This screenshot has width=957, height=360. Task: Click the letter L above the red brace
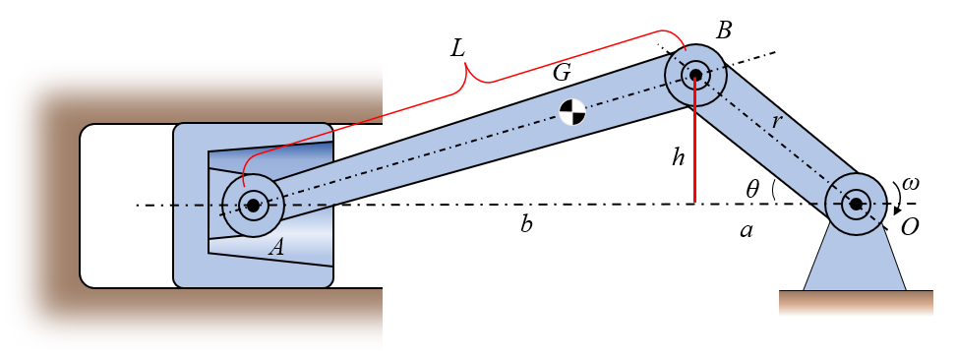click(x=457, y=48)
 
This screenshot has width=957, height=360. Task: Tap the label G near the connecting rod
click(x=562, y=73)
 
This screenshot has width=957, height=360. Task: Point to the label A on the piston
click(x=277, y=247)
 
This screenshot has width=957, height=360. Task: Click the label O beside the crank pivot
click(x=910, y=227)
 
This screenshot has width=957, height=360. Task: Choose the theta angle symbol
click(x=752, y=190)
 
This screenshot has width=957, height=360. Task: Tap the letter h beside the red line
click(x=678, y=158)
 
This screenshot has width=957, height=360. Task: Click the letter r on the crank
click(x=776, y=122)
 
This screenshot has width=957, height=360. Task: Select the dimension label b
click(x=526, y=225)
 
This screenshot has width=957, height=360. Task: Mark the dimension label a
click(x=745, y=230)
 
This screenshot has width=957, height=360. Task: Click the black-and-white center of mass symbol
click(x=571, y=112)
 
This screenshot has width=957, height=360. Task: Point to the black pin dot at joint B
click(x=695, y=75)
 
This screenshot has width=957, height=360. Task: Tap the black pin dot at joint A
click(x=253, y=205)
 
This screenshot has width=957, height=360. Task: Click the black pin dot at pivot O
click(x=857, y=204)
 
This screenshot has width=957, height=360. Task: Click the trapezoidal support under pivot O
click(x=855, y=260)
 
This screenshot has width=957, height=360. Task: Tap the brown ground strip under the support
click(x=856, y=303)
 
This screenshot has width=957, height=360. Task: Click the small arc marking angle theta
click(x=773, y=191)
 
